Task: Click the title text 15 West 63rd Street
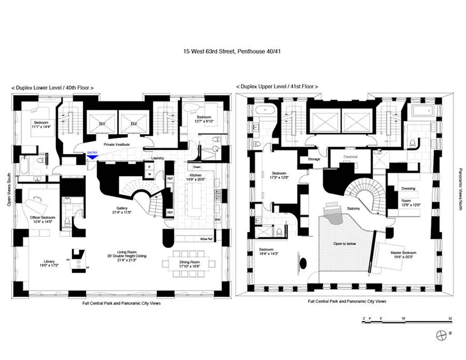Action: point(232,52)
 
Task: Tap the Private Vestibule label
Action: point(117,144)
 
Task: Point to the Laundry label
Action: point(158,158)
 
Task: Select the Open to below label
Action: point(344,243)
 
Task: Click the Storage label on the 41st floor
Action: point(314,159)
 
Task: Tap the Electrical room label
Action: point(350,157)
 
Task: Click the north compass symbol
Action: point(443,335)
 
